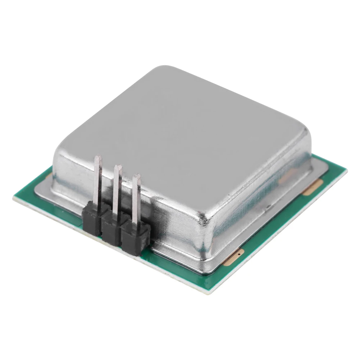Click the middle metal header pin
click(117, 191)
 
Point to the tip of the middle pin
click(118, 167)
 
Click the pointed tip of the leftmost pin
click(98, 157)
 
